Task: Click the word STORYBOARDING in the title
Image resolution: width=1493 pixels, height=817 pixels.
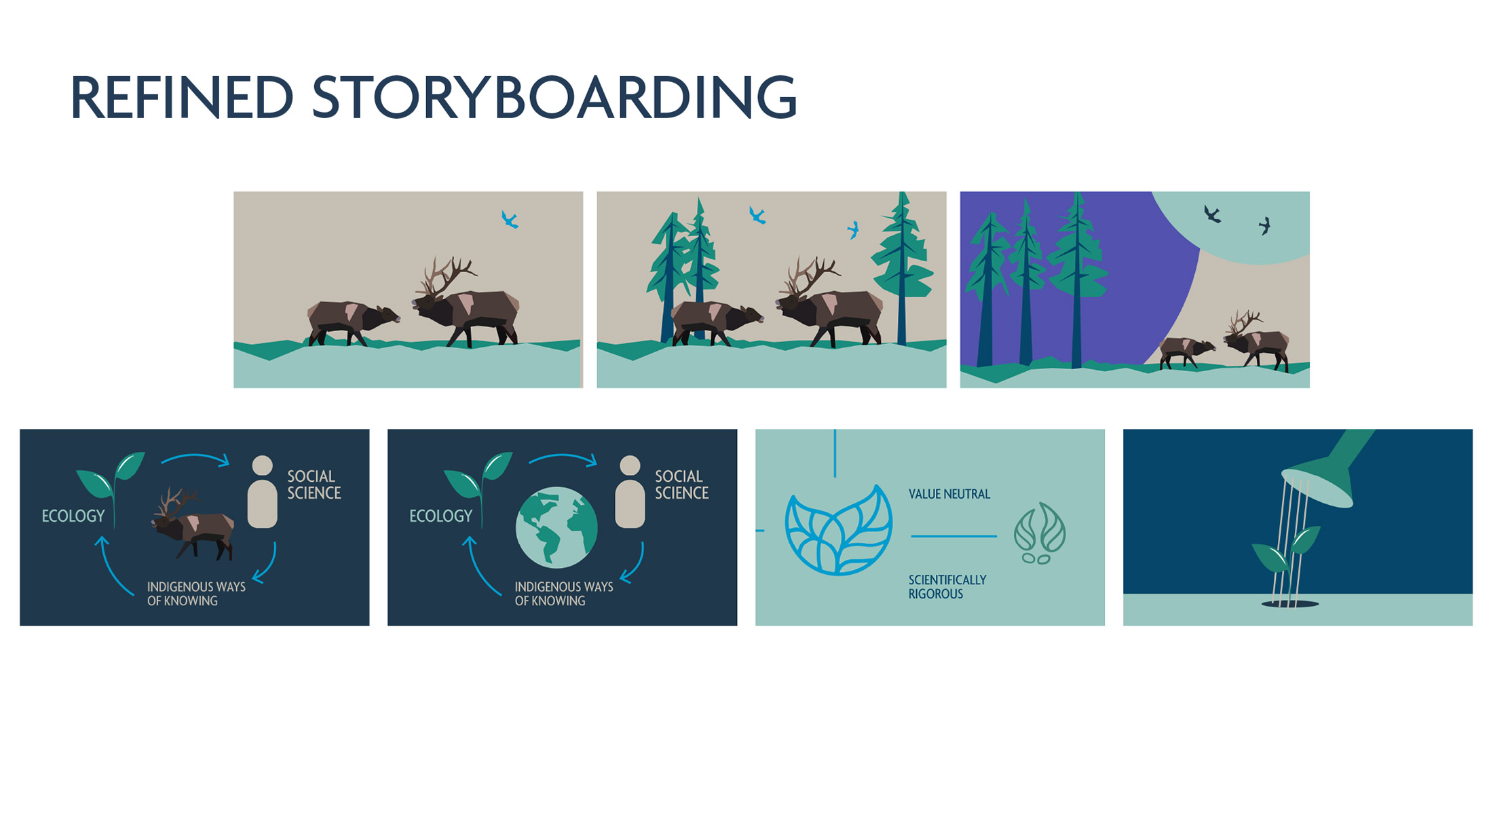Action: click(x=554, y=98)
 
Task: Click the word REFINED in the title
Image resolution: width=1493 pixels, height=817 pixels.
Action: click(x=182, y=98)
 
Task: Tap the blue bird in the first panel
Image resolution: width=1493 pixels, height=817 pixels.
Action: click(x=510, y=219)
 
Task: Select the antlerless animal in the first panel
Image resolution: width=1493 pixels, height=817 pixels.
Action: click(x=353, y=322)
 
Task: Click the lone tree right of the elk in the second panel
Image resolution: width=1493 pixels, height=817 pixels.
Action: click(x=903, y=268)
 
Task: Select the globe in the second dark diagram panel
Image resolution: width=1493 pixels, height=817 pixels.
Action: click(x=556, y=527)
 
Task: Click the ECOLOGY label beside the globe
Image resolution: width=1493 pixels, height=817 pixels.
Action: click(x=440, y=516)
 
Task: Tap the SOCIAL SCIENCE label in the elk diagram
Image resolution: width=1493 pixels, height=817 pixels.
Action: click(x=314, y=484)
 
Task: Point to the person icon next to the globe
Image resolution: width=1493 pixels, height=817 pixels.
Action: click(x=630, y=492)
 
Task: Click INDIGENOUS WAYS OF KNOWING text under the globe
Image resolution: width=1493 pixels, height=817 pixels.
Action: click(x=564, y=594)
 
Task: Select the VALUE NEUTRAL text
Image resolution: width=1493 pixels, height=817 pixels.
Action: click(x=949, y=494)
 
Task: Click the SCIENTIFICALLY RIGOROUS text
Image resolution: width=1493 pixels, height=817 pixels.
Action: click(x=947, y=587)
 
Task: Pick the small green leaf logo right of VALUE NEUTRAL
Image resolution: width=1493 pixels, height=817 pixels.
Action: click(x=1040, y=533)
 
